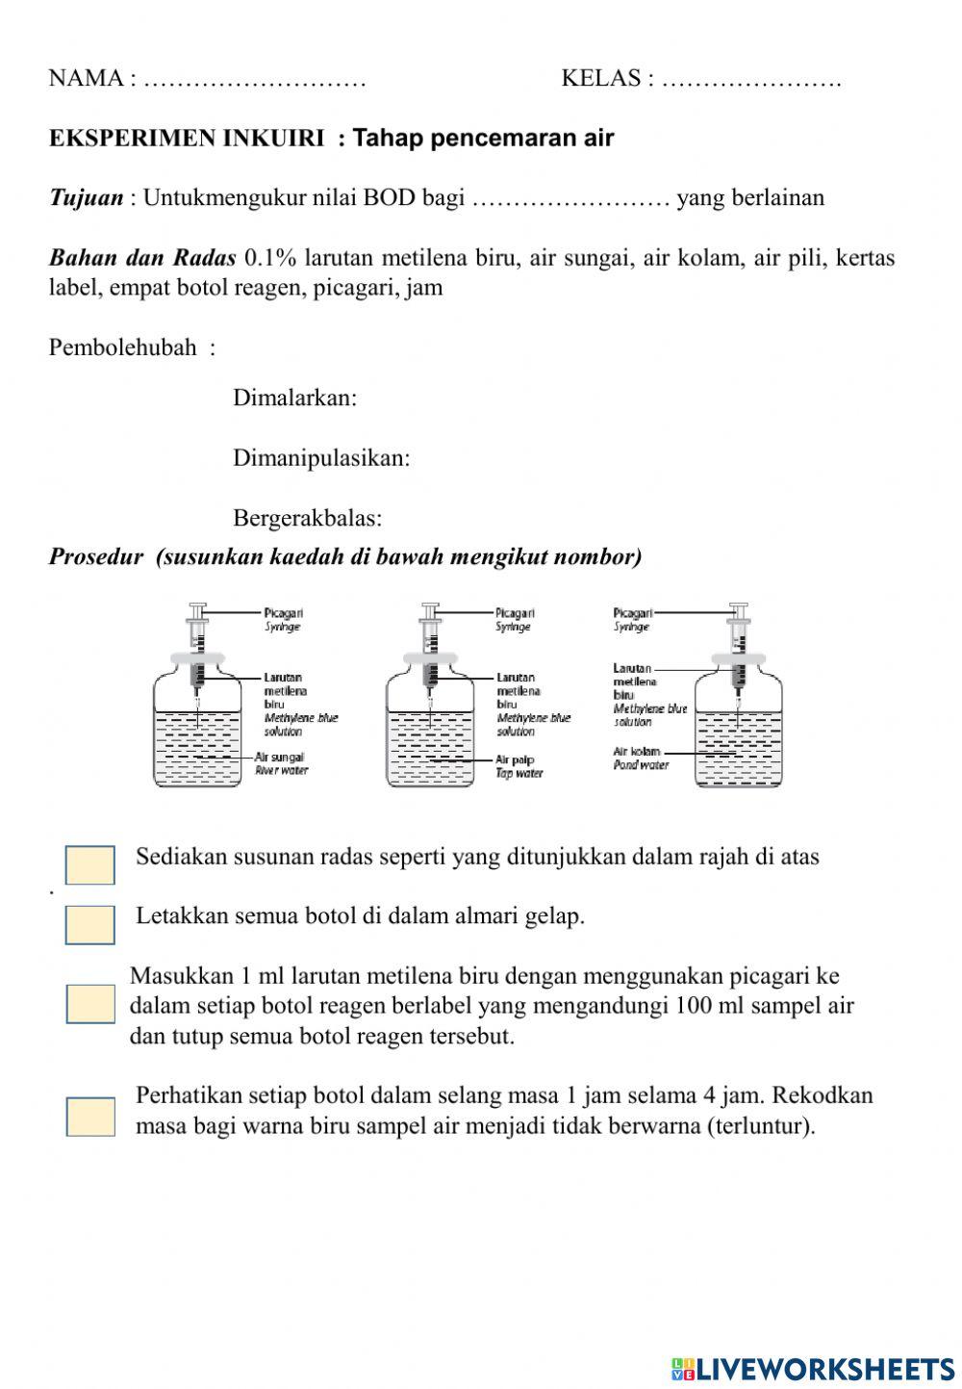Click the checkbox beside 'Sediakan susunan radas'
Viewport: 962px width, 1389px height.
pyautogui.click(x=89, y=864)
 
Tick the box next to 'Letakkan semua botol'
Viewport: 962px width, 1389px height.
pyautogui.click(x=89, y=924)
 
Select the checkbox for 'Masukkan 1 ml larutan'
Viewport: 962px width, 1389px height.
pyautogui.click(x=89, y=1004)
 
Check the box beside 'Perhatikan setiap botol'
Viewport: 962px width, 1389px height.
pyautogui.click(x=89, y=1117)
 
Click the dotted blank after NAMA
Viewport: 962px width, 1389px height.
pyautogui.click(x=254, y=79)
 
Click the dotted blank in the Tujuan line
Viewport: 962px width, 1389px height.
pyautogui.click(x=570, y=199)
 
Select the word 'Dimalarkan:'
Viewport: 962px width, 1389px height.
pyautogui.click(x=294, y=398)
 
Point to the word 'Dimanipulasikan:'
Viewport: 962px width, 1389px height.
pyautogui.click(x=321, y=458)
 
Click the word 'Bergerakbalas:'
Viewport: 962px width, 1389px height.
pyautogui.click(x=307, y=518)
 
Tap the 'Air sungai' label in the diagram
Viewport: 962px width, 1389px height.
pyautogui.click(x=280, y=758)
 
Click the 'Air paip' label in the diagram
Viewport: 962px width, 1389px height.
pyautogui.click(x=516, y=759)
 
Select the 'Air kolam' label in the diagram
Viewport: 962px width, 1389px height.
pyautogui.click(x=637, y=751)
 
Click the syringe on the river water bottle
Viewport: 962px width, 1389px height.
pyautogui.click(x=198, y=645)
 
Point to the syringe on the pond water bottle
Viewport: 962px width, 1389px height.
pyautogui.click(x=739, y=645)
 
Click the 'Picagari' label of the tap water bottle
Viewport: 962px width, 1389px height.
pyautogui.click(x=515, y=612)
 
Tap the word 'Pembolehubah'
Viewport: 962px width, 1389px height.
pyautogui.click(x=122, y=347)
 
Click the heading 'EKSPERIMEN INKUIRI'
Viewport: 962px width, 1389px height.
pyautogui.click(x=187, y=139)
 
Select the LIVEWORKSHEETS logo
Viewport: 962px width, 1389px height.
pyautogui.click(x=813, y=1368)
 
